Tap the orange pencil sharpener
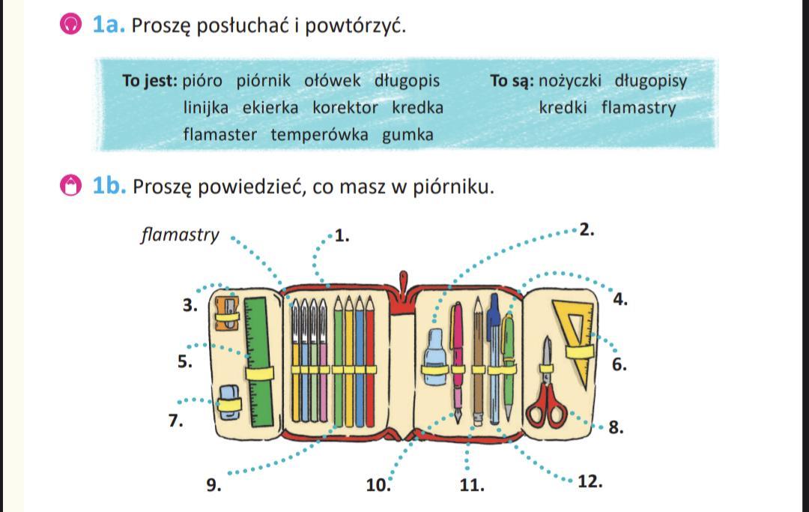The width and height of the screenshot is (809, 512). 226,313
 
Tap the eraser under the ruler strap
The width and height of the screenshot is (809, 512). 229,401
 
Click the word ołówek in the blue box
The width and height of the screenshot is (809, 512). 333,80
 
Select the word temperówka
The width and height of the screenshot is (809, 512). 319,135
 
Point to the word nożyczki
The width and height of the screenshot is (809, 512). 570,80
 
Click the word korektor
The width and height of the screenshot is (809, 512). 345,107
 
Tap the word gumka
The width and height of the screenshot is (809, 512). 407,135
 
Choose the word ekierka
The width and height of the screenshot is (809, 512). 270,107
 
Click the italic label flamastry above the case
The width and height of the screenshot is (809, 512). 181,235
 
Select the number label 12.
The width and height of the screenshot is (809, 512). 590,481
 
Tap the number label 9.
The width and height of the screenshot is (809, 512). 213,485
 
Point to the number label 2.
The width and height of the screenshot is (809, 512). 587,230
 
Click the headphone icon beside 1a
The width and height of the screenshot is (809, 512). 70,25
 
